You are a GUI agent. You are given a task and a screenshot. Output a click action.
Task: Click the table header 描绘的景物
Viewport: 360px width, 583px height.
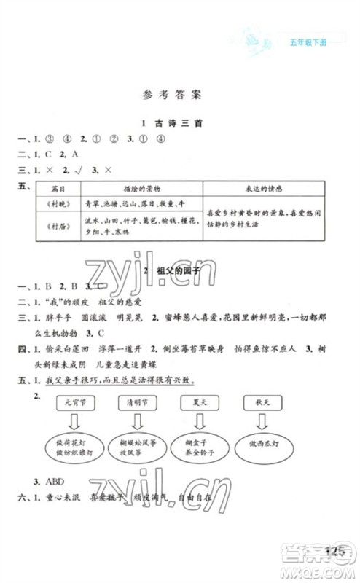(133, 188)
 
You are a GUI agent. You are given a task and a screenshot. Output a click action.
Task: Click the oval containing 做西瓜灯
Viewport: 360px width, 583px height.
(263, 444)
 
